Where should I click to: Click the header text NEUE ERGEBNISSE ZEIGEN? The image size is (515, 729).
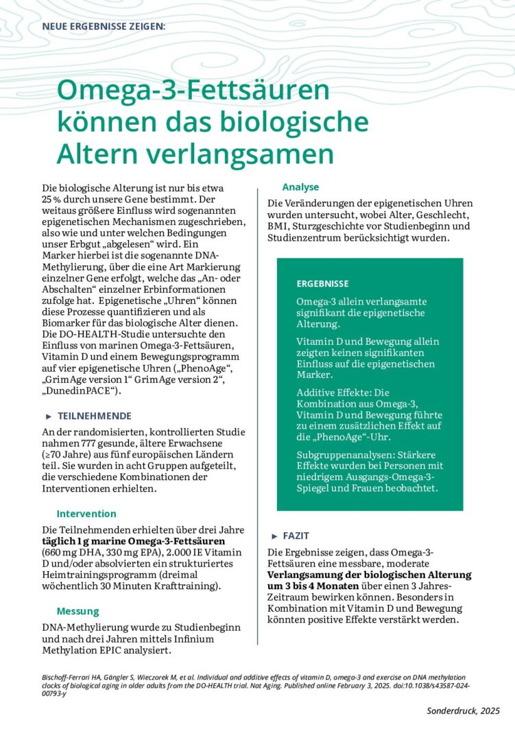pyautogui.click(x=104, y=27)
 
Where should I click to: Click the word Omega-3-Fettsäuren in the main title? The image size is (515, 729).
pyautogui.click(x=193, y=91)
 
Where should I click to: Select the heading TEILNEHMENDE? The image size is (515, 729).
pyautogui.click(x=95, y=416)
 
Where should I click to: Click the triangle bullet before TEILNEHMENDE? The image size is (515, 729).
pyautogui.click(x=49, y=416)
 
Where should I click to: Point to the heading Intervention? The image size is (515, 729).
pyautogui.click(x=86, y=514)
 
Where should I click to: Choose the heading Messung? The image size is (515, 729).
pyautogui.click(x=77, y=611)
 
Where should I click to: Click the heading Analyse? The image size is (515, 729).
pyautogui.click(x=300, y=187)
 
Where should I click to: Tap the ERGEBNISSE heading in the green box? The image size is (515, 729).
pyautogui.click(x=322, y=284)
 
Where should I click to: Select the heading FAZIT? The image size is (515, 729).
pyautogui.click(x=296, y=536)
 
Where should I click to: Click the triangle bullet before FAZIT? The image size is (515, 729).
pyautogui.click(x=274, y=536)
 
